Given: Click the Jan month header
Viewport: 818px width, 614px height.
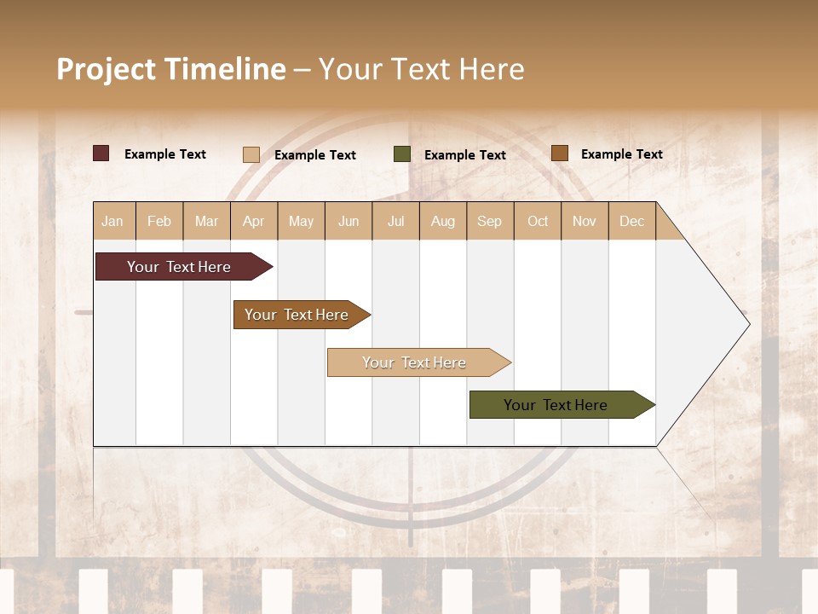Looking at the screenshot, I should point(113,221).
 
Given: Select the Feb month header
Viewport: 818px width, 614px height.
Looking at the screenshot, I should point(159,221).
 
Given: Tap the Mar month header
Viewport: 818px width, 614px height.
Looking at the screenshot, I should point(206,221).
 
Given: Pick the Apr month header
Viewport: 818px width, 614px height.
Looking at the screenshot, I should point(254,221).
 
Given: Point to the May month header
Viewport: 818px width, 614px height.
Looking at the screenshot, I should point(301,221).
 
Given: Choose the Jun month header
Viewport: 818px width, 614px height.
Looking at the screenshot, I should point(349,221).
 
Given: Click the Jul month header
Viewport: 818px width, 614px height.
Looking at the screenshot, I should point(395,221).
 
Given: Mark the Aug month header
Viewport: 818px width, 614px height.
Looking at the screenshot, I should point(443,221).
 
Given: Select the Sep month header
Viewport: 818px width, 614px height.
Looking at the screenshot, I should point(490,221).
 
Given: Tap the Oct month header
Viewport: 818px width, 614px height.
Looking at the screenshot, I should point(538,221).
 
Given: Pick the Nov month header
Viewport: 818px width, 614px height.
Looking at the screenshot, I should point(585,221).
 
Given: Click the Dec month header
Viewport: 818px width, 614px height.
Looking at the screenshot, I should point(632,221).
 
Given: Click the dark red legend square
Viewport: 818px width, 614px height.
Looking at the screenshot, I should point(101,153).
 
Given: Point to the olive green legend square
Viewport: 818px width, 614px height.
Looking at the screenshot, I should point(402,154).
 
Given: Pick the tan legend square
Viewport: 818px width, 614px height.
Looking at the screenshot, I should point(251,154).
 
